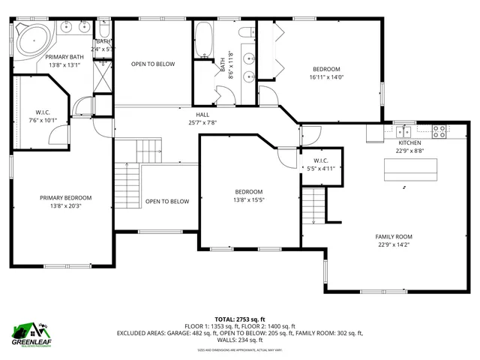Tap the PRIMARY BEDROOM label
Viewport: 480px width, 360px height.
point(66,198)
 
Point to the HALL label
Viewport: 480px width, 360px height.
point(202,115)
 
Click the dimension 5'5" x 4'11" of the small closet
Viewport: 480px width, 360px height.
point(321,168)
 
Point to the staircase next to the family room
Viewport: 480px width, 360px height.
point(313,205)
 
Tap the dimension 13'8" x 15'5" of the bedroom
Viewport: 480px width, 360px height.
point(249,199)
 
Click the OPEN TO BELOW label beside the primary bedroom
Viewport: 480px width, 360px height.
point(167,201)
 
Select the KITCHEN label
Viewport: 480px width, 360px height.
point(409,142)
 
